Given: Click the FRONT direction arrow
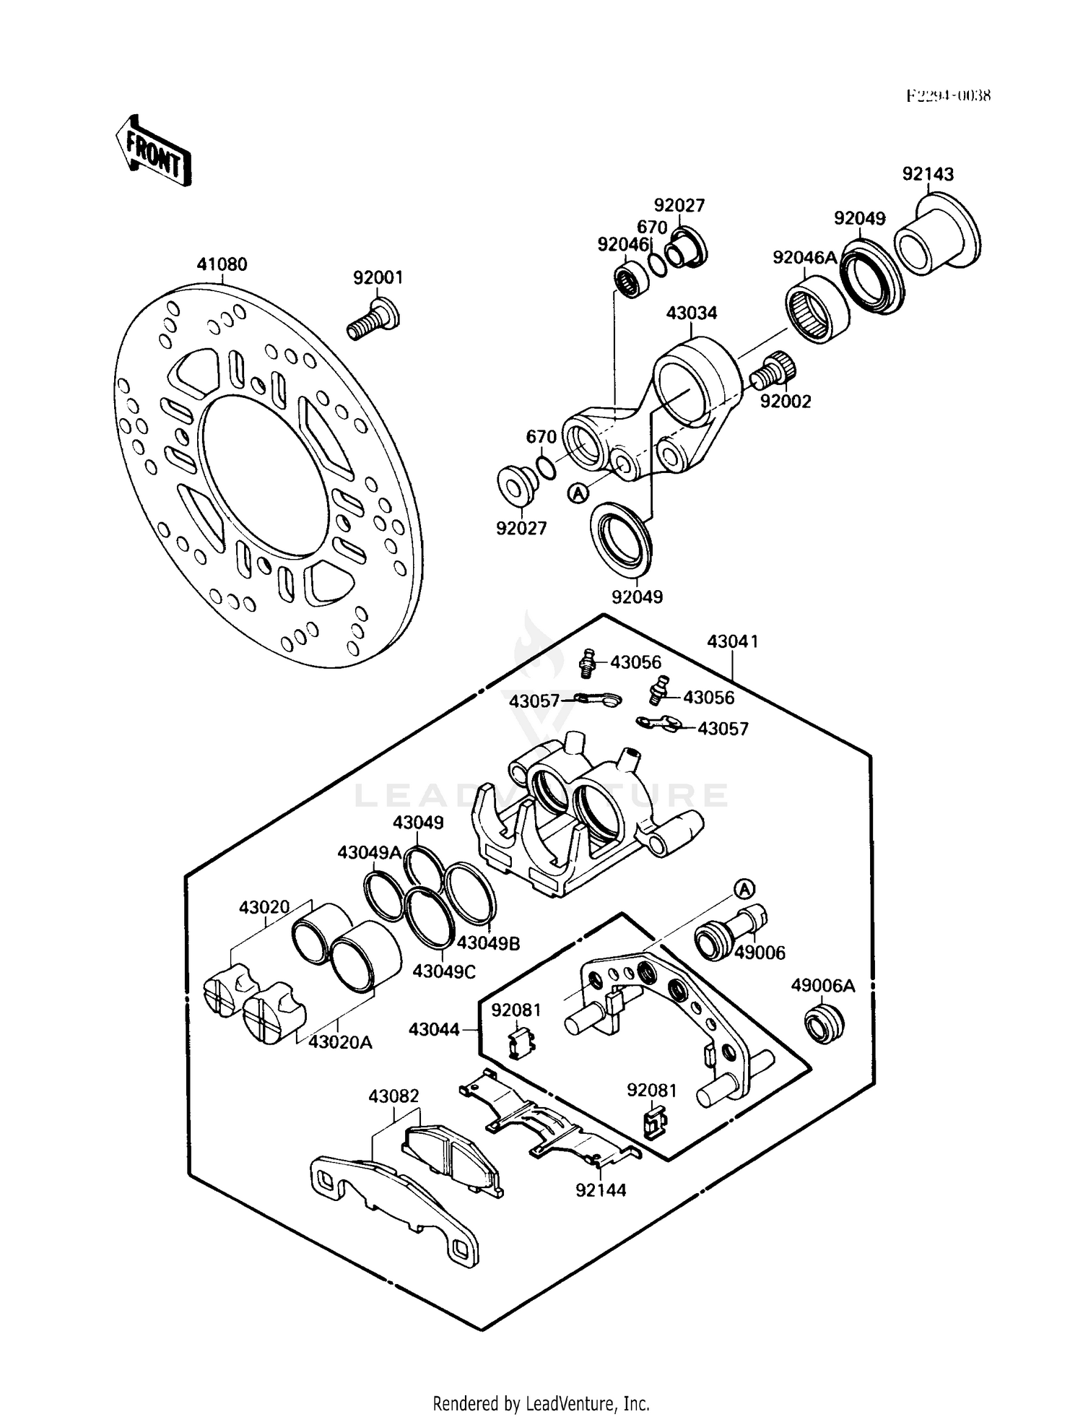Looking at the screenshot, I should pyautogui.click(x=153, y=152).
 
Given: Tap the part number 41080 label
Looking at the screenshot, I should pyautogui.click(x=222, y=264).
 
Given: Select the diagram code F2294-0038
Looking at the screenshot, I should pyautogui.click(x=949, y=95).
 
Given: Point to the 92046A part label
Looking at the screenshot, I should pyautogui.click(x=804, y=258).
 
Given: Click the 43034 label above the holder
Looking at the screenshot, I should pyautogui.click(x=691, y=313).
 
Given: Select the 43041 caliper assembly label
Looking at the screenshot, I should pyautogui.click(x=732, y=641).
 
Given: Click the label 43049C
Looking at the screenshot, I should pyautogui.click(x=443, y=971).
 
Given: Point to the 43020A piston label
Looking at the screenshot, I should pyautogui.click(x=340, y=1041).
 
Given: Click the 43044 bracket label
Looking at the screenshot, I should pyautogui.click(x=434, y=1028).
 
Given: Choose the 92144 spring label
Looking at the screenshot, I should pyautogui.click(x=601, y=1189).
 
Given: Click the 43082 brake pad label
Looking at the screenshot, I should pyautogui.click(x=393, y=1096).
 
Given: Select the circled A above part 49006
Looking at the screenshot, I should pyautogui.click(x=745, y=888).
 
